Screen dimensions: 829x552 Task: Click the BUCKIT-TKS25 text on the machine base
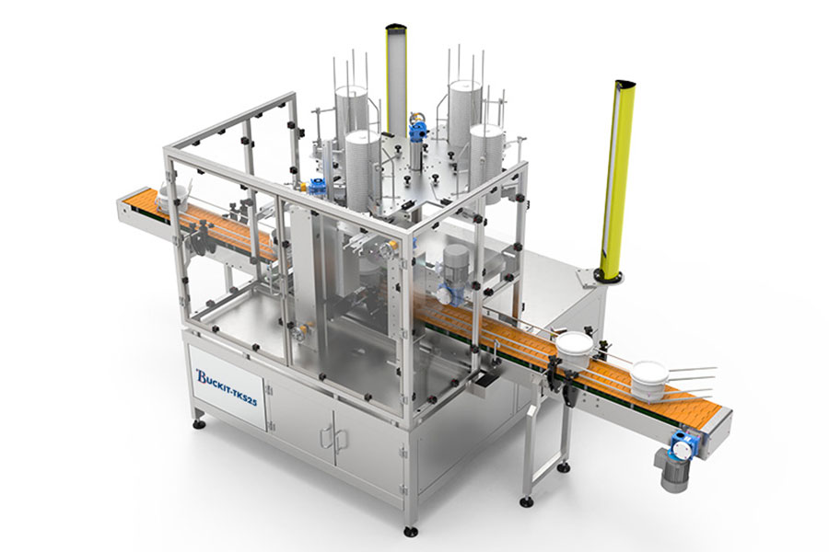(227, 387)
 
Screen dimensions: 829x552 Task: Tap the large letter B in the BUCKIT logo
(202, 375)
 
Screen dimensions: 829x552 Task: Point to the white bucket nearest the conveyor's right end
(648, 379)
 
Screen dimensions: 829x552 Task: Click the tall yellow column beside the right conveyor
(617, 178)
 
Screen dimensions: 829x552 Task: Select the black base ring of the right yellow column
(607, 275)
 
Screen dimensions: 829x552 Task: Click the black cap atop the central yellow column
(395, 27)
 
